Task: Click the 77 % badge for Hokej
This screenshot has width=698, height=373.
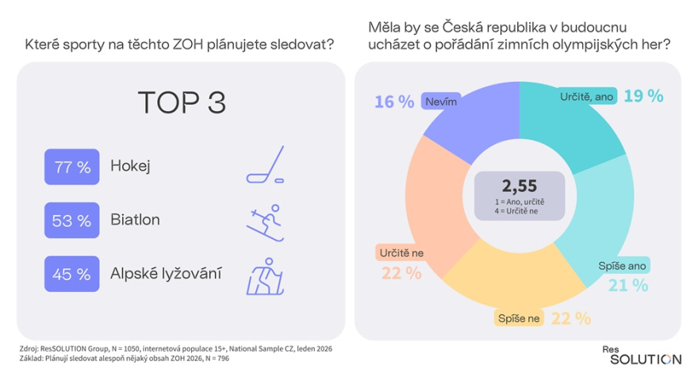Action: click(73, 167)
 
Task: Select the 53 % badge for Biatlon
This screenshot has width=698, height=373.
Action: click(73, 221)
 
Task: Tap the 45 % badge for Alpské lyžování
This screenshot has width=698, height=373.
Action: click(73, 274)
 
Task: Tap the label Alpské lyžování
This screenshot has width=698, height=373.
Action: click(166, 274)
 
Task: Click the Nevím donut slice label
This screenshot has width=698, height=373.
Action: click(439, 102)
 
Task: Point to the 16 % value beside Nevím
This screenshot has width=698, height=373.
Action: click(395, 102)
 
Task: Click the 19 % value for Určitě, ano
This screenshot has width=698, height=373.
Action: click(642, 96)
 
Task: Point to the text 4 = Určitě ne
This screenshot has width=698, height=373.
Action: click(519, 211)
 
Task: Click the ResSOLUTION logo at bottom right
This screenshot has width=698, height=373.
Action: click(644, 354)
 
